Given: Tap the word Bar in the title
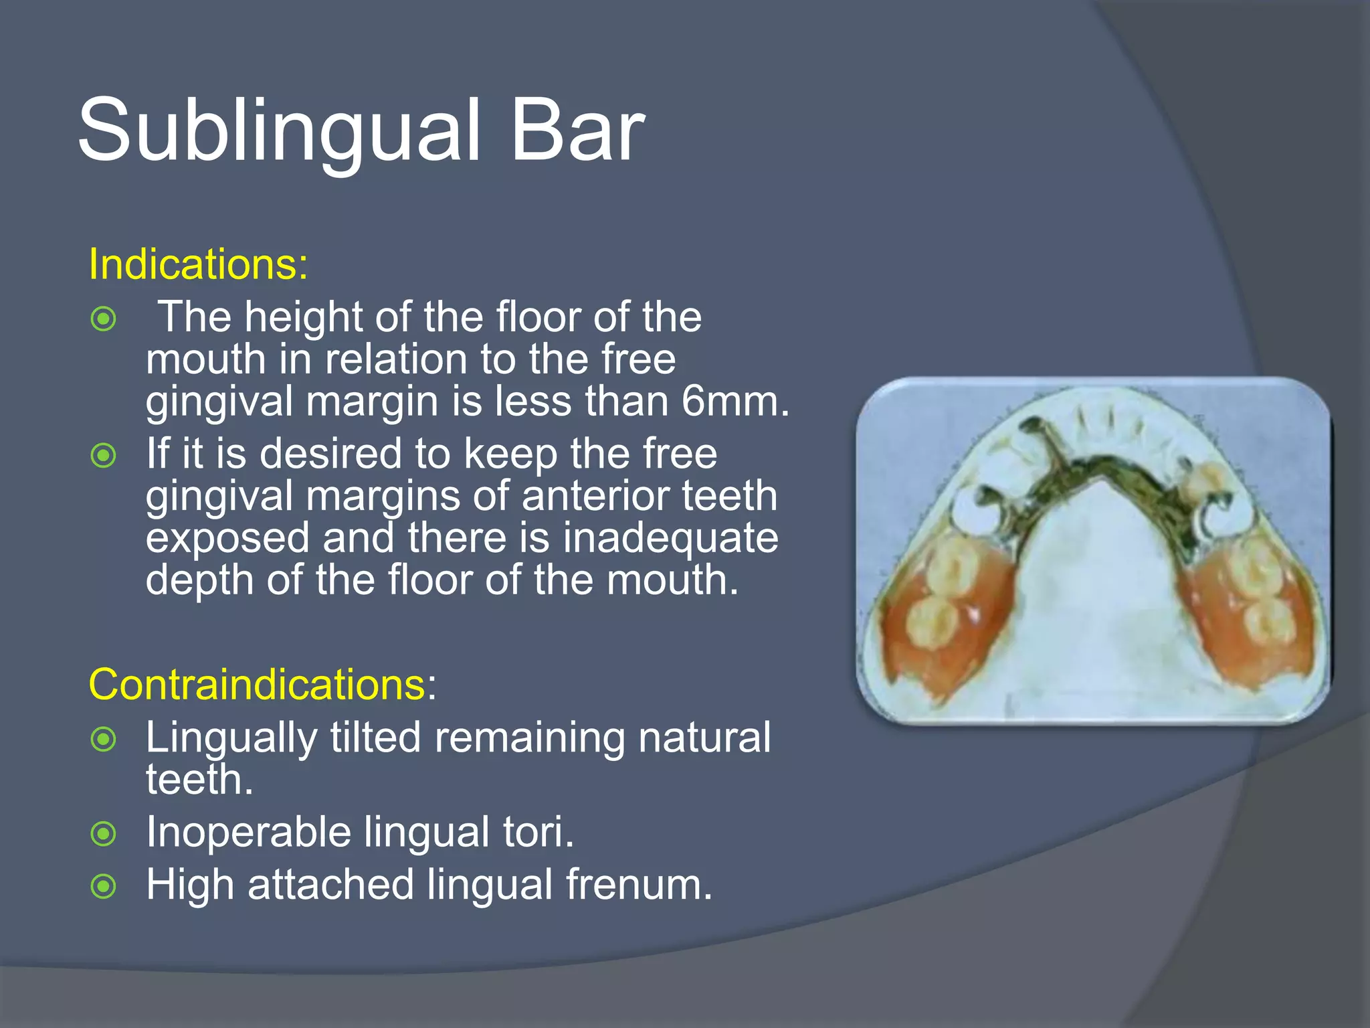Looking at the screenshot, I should click(577, 131).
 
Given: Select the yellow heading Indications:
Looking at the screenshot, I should click(198, 264).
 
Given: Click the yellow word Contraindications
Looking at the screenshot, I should click(257, 685).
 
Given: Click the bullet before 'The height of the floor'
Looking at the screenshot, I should click(104, 319).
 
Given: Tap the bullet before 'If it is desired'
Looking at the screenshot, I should click(104, 456).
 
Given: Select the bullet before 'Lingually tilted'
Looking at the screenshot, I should click(104, 740).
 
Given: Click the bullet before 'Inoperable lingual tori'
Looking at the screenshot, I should click(104, 834).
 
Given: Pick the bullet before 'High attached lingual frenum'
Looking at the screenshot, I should click(104, 887).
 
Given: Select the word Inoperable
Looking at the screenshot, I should click(248, 832).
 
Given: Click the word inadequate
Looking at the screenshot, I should click(670, 538).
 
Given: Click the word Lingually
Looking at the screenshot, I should click(231, 738).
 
